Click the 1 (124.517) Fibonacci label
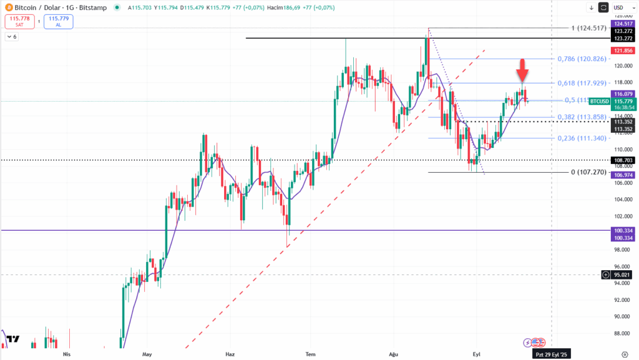pos(581,28)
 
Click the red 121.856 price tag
pos(623,50)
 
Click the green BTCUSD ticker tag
pos(600,101)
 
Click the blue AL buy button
pos(59,22)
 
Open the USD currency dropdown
pos(620,7)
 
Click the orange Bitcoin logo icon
pos(9,7)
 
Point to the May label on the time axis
pos(147,354)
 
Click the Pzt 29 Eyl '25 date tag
pos(552,354)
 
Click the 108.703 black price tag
pos(623,160)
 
